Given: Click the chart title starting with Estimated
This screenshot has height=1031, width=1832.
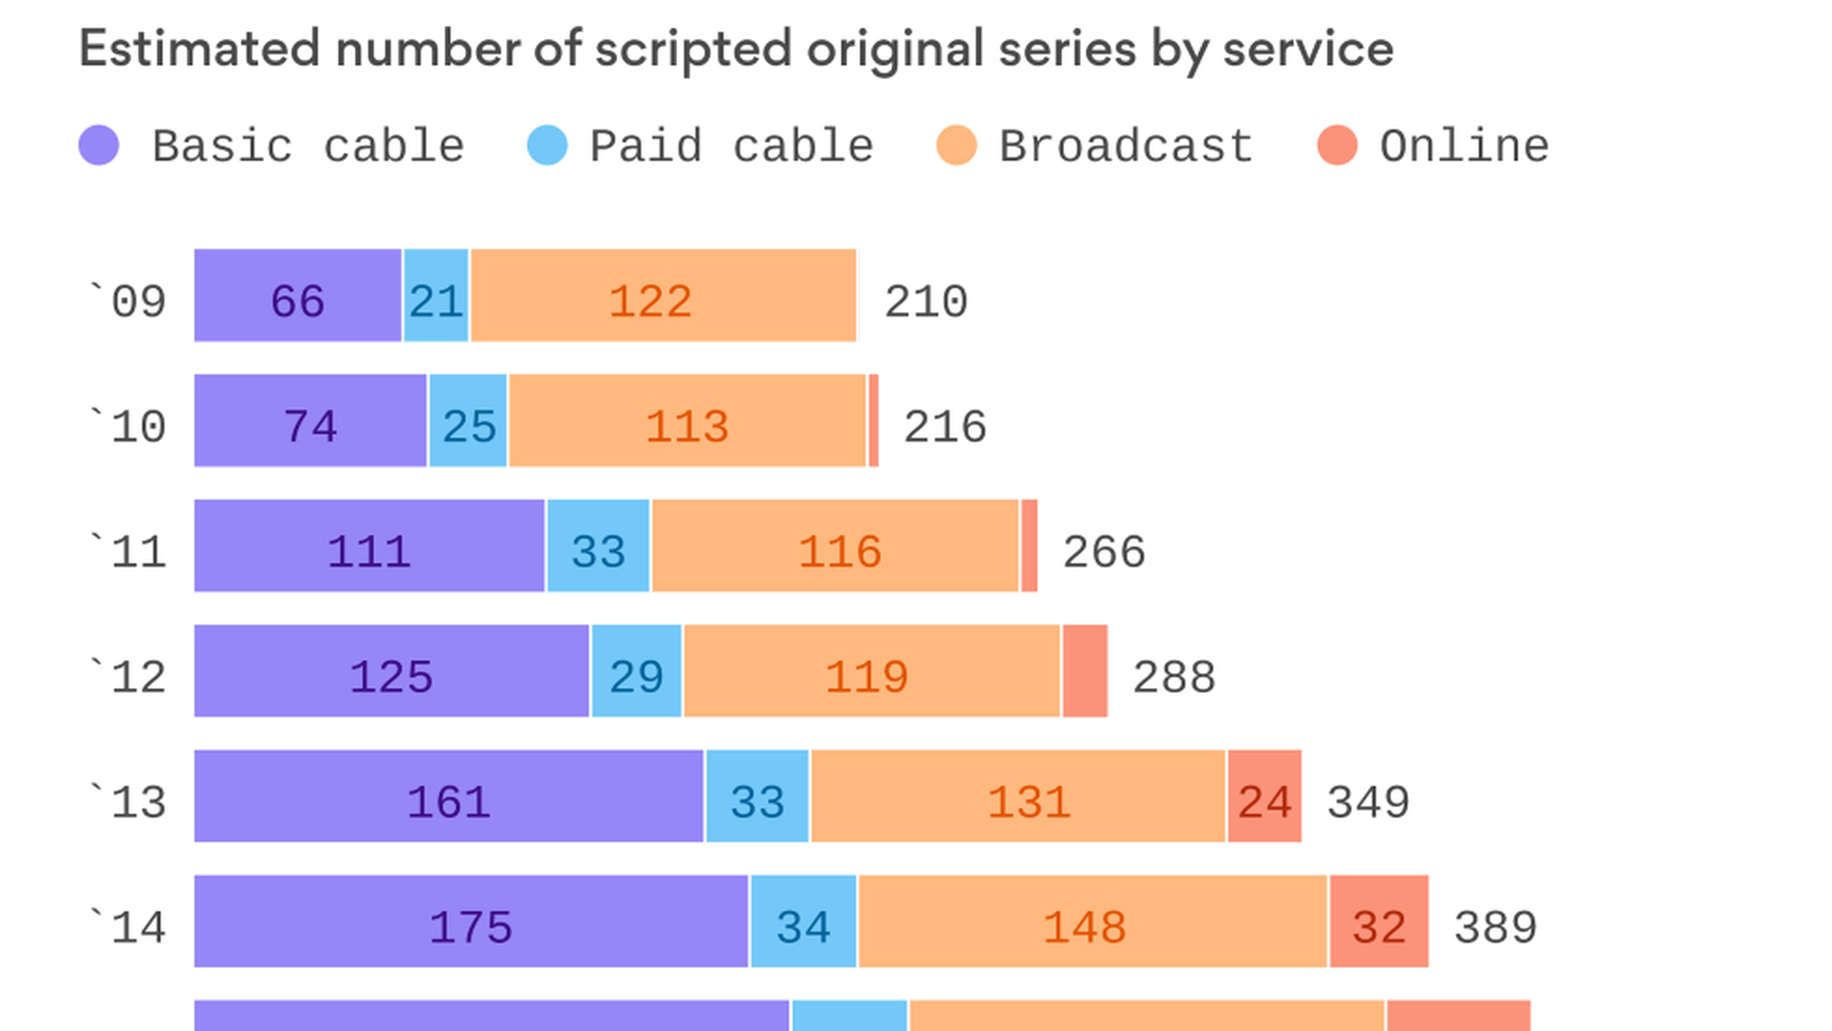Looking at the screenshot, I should [735, 50].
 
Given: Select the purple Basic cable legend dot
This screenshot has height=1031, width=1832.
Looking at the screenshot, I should [99, 146].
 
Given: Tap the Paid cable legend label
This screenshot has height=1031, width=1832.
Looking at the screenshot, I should [731, 146].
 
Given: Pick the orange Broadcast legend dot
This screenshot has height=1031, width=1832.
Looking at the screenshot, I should [956, 146].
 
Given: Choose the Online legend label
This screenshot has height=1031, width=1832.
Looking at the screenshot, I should [1464, 146].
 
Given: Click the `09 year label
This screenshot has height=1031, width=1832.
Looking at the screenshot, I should [128, 302].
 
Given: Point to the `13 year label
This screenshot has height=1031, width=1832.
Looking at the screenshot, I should [128, 802].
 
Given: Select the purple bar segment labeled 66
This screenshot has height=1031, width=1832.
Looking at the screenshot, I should [298, 296].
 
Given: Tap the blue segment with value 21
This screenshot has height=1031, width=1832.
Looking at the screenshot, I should [436, 296].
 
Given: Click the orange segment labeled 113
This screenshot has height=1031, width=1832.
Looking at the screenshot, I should [687, 421].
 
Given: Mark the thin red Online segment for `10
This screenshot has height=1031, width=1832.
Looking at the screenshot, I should [873, 421].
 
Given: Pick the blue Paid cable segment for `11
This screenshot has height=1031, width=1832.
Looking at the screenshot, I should [598, 546].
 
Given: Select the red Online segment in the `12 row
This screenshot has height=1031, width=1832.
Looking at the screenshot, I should [1085, 671].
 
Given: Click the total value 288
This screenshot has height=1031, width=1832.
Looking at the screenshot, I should [1174, 678].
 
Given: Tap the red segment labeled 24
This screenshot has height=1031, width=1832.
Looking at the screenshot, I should [1264, 796].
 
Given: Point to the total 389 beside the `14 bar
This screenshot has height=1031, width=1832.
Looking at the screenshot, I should [1495, 928].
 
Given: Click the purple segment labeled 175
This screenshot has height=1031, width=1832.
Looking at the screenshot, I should [471, 921].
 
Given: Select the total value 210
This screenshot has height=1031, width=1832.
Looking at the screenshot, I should [926, 302].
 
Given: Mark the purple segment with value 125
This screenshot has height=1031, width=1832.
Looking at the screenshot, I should [391, 671].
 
